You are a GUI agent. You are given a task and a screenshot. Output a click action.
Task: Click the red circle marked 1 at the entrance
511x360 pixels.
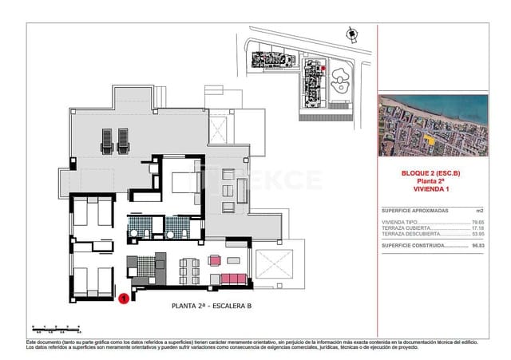pos(124,299)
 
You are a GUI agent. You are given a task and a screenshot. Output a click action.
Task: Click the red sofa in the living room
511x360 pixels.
pos(233,278)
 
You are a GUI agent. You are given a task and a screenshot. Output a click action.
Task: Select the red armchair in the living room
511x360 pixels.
pos(214,259)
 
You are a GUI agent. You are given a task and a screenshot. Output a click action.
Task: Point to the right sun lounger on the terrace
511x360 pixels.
pos(123,141)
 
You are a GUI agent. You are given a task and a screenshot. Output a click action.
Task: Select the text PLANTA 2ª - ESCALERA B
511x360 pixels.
pos(212,306)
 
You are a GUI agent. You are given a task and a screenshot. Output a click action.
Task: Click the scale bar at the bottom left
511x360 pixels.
pos(56,327)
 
